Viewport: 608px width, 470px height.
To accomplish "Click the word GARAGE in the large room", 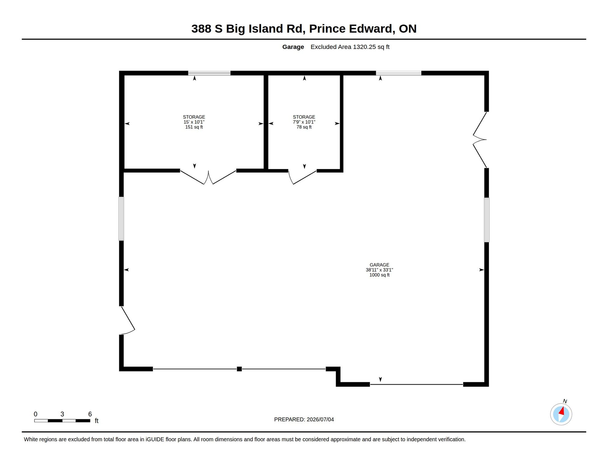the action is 379,265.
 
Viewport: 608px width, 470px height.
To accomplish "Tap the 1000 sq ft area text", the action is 379,275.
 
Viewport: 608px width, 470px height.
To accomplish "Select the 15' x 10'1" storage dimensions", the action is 194,122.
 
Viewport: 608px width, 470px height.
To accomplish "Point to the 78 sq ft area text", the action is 304,127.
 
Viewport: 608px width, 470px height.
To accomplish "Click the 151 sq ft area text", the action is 194,127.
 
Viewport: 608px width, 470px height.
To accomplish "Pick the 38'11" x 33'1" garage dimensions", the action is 379,270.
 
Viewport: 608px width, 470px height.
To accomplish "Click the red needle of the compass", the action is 562,411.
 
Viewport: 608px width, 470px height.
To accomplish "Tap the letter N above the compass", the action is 565,401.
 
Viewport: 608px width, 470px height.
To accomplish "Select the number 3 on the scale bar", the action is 62,414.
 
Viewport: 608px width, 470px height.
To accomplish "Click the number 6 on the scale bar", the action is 90,414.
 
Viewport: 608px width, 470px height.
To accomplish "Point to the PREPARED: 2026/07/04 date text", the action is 304,420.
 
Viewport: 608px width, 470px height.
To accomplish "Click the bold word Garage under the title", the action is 293,47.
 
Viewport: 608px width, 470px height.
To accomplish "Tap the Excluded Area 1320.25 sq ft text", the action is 350,47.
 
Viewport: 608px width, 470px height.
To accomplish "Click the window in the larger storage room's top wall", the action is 209,73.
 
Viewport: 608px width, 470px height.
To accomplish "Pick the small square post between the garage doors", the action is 239,369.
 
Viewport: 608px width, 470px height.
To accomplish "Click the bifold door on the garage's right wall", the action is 480,140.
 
